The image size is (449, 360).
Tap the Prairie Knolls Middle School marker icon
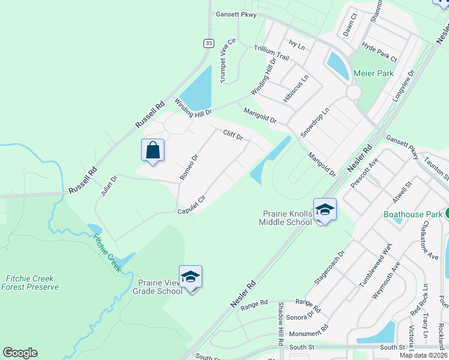[x=325, y=209]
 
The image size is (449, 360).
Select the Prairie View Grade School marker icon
[x=191, y=277]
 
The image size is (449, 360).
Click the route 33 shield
[x=208, y=43]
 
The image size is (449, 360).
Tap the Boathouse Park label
[x=413, y=214]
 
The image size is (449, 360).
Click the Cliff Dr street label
[x=233, y=136]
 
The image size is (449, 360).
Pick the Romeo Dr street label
[x=190, y=167]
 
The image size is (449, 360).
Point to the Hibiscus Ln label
[x=297, y=88]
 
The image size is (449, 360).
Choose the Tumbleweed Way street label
[x=375, y=266]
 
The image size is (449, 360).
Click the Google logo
[x=20, y=353]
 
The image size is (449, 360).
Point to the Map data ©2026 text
[x=423, y=355]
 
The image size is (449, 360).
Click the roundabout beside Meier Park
[x=353, y=92]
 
